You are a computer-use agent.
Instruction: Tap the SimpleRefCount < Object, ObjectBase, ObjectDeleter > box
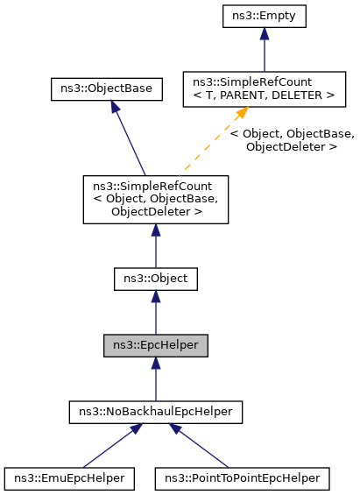coord(155,199)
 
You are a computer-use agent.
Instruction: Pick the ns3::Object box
coord(155,279)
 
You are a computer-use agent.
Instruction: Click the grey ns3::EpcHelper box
coord(155,344)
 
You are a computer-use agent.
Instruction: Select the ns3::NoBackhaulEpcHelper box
coord(155,410)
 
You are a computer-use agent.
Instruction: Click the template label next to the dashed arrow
coord(292,140)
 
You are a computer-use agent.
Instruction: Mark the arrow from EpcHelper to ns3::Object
coord(155,312)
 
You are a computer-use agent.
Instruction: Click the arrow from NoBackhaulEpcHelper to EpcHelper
coord(155,378)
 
